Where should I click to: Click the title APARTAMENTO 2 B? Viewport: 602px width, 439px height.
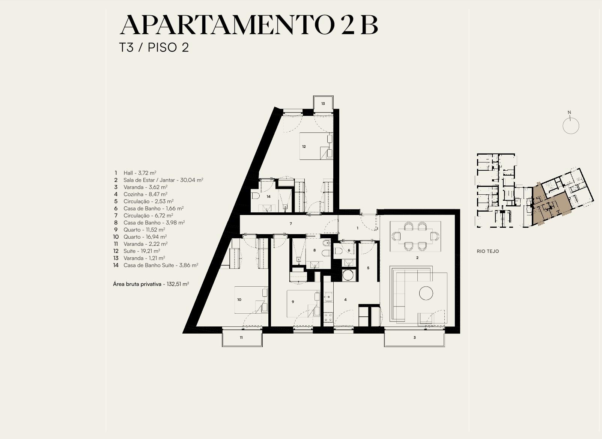249,25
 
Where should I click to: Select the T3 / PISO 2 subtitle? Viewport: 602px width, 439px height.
154,48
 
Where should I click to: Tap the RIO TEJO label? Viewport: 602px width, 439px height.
488,251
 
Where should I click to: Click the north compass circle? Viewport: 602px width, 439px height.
571,126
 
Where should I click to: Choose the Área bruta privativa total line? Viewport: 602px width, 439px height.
151,284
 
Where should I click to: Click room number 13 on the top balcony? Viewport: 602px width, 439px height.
323,104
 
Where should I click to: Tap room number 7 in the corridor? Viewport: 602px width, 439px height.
290,224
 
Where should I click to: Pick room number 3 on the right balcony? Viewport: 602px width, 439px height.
414,337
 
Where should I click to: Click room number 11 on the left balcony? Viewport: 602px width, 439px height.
241,337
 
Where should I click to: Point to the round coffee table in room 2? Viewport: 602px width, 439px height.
426,293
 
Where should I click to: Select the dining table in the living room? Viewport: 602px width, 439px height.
415,236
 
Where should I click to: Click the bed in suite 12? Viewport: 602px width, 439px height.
316,146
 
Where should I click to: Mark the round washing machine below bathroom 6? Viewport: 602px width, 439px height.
349,276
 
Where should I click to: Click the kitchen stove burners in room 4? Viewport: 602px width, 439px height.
328,317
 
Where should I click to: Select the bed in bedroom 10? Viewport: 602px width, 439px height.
251,300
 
